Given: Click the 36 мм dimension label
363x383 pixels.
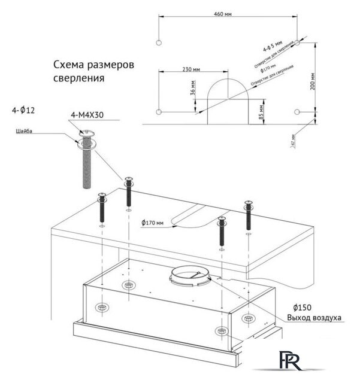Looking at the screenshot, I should point(193,89).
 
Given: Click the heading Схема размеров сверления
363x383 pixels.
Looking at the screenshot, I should point(93,71).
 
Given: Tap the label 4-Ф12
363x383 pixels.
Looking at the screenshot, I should point(23,111).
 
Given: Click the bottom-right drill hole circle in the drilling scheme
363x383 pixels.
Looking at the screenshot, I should point(298,112).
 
